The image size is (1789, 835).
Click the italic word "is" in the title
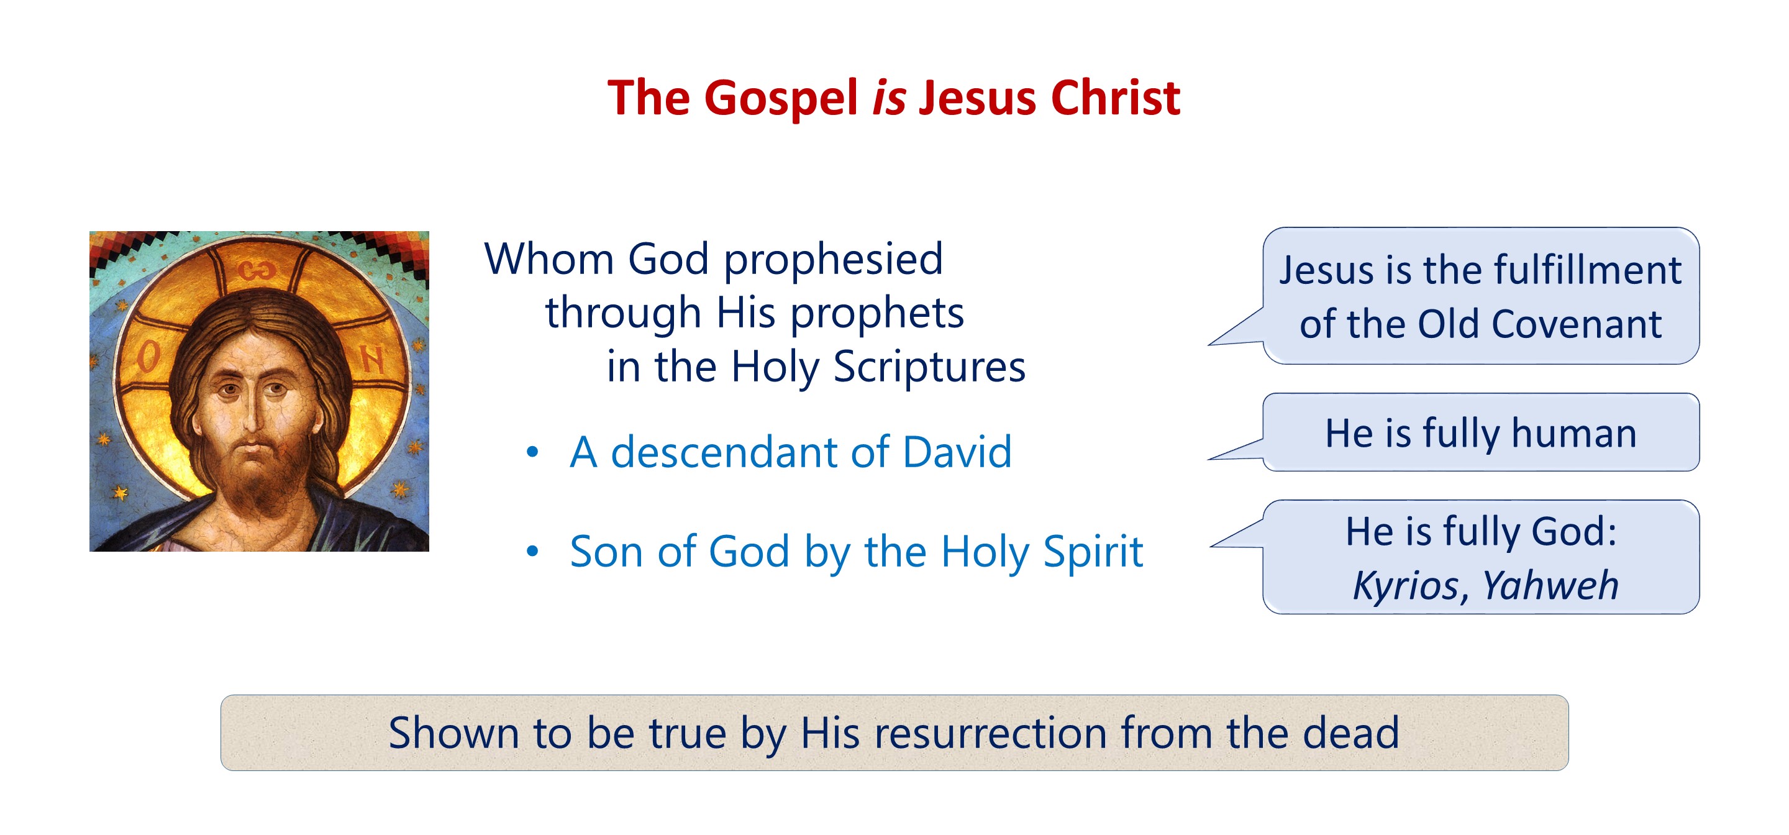coord(889,98)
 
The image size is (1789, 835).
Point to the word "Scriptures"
coord(929,367)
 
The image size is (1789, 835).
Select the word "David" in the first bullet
coord(957,452)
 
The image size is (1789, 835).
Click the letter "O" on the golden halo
coord(148,358)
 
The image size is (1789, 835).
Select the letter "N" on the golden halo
coord(373,360)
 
